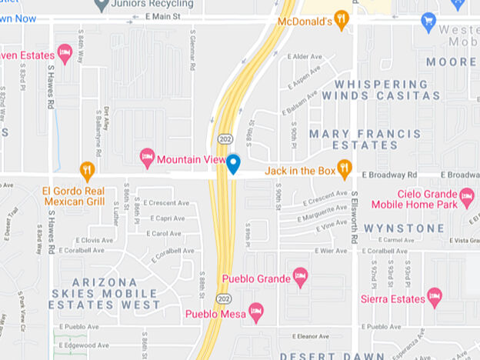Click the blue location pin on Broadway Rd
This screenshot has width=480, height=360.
pos(233,163)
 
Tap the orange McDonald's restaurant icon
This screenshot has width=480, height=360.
pos(342,19)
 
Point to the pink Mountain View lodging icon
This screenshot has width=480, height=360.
pos(147,159)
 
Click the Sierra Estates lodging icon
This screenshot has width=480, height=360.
pos(435,297)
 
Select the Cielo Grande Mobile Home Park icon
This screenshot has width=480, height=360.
pos(466,198)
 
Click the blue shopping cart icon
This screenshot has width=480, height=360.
pos(429,22)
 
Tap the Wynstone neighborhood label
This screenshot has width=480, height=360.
pos(403,228)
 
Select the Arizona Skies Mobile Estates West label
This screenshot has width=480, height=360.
pos(105,293)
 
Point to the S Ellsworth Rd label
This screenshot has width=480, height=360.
pos(355,218)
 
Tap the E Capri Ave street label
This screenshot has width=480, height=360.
pos(168,218)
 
